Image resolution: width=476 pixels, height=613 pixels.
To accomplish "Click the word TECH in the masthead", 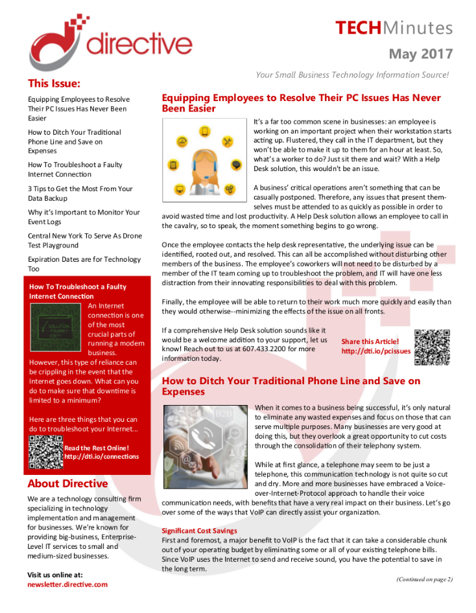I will point(359,28).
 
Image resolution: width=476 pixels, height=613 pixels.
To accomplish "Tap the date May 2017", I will point(420,53).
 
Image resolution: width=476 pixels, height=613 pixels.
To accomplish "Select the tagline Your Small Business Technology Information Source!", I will point(352,75).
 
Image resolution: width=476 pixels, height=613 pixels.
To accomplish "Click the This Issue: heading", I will point(54,84).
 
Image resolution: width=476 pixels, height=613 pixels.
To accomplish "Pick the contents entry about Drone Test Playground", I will point(84,240).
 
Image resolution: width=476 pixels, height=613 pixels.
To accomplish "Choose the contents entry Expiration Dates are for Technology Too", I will point(84,264).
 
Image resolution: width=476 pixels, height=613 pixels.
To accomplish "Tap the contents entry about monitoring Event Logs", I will point(84,217).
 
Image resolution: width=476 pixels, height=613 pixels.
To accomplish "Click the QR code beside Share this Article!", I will point(431,347).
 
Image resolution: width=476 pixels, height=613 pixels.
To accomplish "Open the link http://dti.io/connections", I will point(101,456).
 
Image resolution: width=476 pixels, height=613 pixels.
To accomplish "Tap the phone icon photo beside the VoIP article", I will point(206,437).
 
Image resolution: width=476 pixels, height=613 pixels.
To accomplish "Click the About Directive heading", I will point(67,484).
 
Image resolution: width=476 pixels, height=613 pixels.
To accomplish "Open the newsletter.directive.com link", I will point(67,584).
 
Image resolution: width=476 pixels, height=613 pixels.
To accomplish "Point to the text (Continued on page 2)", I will point(424,579).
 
